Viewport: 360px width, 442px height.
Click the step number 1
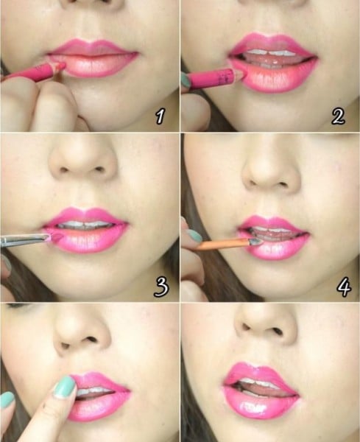click(x=160, y=116)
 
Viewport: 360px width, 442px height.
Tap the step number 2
click(x=338, y=116)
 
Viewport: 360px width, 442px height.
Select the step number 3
click(x=161, y=287)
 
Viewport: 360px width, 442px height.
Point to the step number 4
click(x=344, y=287)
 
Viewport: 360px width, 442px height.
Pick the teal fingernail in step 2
click(x=185, y=80)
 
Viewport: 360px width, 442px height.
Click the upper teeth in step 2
click(x=271, y=53)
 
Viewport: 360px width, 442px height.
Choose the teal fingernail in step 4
click(x=194, y=236)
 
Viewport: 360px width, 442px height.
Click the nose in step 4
click(x=271, y=172)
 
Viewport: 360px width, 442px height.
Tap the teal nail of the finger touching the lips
click(x=66, y=387)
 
